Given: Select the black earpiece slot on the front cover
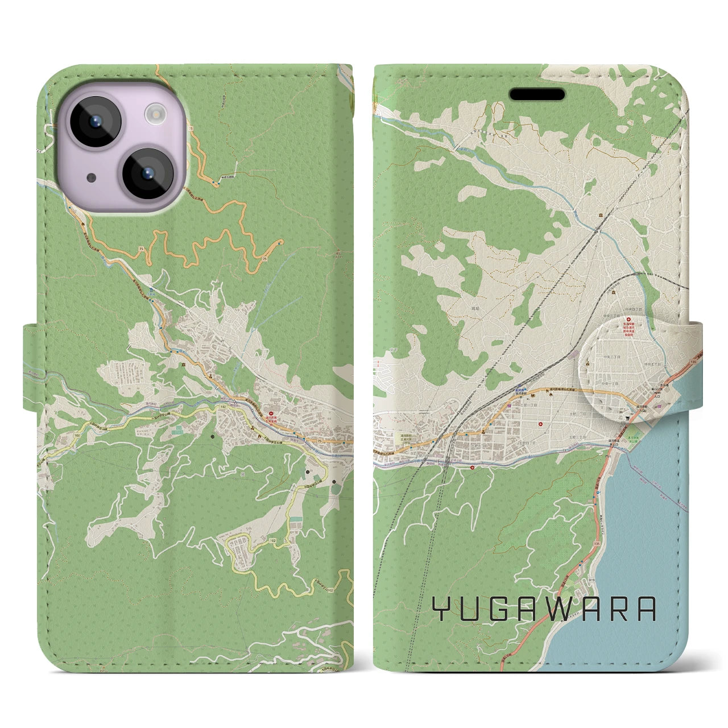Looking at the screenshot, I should [x=536, y=94].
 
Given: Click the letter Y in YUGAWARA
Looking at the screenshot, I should [x=442, y=609].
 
